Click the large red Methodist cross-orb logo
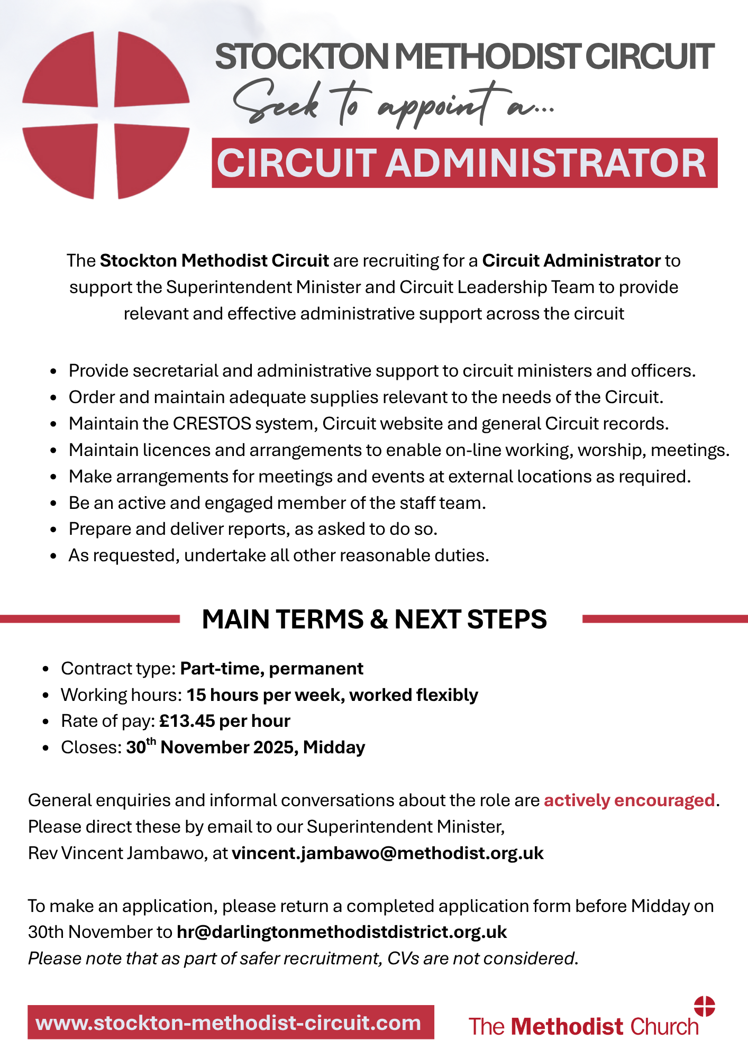click(x=106, y=115)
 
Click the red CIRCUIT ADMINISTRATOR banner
click(x=464, y=163)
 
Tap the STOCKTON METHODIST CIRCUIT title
click(x=464, y=57)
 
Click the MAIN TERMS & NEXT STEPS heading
click(x=374, y=619)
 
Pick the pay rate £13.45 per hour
click(x=225, y=721)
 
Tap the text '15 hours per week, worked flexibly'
click(x=332, y=695)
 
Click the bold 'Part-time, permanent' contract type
click(x=271, y=669)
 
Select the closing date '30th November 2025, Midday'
click(x=245, y=747)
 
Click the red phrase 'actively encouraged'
click(x=629, y=800)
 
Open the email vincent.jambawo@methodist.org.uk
click(x=388, y=853)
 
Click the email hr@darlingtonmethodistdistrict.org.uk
click(x=342, y=932)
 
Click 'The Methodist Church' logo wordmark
click(x=583, y=1027)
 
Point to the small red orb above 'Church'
click(x=704, y=1006)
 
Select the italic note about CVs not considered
click(x=303, y=959)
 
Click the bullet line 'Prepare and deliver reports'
click(x=253, y=529)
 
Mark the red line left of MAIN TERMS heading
click(x=90, y=618)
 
